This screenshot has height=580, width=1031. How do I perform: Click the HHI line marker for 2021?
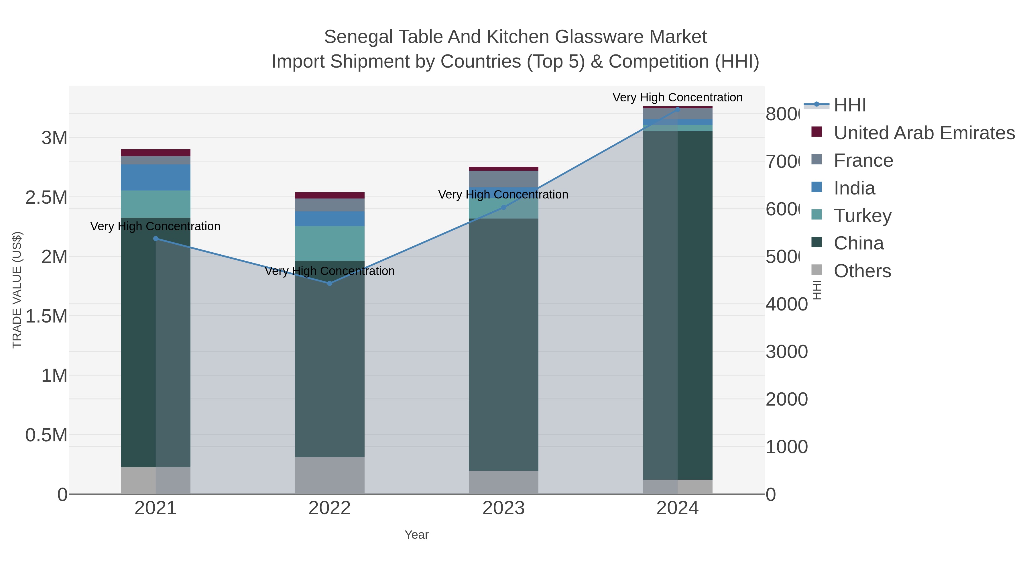click(x=156, y=239)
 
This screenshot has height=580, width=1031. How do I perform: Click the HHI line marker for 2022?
click(x=330, y=283)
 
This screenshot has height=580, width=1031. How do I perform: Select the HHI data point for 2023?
click(x=503, y=207)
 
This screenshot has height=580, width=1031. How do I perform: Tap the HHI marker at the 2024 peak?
click(x=678, y=109)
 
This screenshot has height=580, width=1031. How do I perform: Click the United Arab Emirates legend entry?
click(x=924, y=133)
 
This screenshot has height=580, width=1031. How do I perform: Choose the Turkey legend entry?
click(x=863, y=216)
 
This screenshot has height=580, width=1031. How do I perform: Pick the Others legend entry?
click(x=862, y=271)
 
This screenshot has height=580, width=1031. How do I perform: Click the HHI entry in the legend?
click(x=850, y=105)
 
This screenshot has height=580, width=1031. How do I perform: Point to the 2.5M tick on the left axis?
click(x=46, y=197)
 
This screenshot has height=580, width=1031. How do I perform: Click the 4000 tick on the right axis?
click(x=786, y=304)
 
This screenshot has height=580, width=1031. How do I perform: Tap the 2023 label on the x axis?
click(x=503, y=508)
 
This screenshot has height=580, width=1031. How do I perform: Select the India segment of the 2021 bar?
click(x=156, y=177)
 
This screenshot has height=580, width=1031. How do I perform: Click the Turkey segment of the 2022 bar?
click(x=330, y=243)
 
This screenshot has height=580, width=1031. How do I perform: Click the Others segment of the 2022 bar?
click(x=330, y=475)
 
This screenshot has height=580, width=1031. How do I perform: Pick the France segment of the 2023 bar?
click(x=503, y=178)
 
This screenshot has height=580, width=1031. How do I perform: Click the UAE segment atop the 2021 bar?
click(x=156, y=152)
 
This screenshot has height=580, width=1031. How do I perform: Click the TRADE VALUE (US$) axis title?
click(x=17, y=290)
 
